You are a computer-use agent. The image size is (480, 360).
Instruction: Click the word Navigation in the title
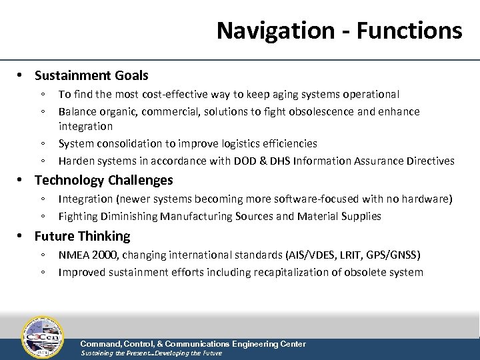pyautogui.click(x=273, y=31)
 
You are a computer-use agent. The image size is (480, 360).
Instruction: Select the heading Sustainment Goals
pyautogui.click(x=91, y=76)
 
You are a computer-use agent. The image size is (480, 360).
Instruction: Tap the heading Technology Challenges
pyautogui.click(x=103, y=180)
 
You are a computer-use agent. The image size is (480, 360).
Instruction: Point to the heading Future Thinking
pyautogui.click(x=82, y=236)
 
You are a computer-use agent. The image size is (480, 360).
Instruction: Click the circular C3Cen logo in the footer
pyautogui.click(x=43, y=337)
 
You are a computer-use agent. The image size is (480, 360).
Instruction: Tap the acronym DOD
pyautogui.click(x=265, y=161)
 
